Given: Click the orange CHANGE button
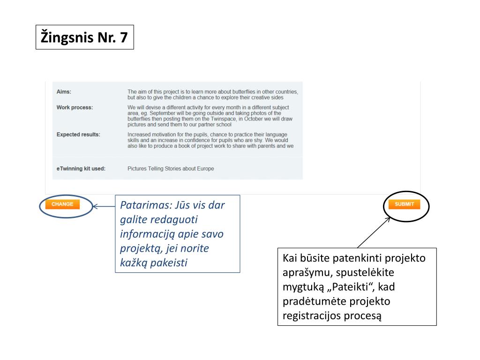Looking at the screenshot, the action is pos(62,204).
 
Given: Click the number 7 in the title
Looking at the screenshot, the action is pos(124,37).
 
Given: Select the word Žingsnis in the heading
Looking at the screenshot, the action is pos(67,37).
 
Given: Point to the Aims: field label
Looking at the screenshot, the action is pos(64,91).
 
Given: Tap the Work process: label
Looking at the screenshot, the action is pos(75,107).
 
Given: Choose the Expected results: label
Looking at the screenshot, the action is pos(78,135).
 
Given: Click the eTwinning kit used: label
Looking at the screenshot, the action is pos(81,168).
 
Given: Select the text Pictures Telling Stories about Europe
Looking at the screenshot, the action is pos(171,168).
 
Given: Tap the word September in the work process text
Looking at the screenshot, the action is pos(162,113).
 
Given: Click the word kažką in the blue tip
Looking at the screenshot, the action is pos(134,262).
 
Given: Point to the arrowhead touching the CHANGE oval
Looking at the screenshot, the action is pos(95,206).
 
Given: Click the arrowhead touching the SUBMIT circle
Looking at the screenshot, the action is pos(388,219).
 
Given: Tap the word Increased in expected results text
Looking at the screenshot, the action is pos(139,135).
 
